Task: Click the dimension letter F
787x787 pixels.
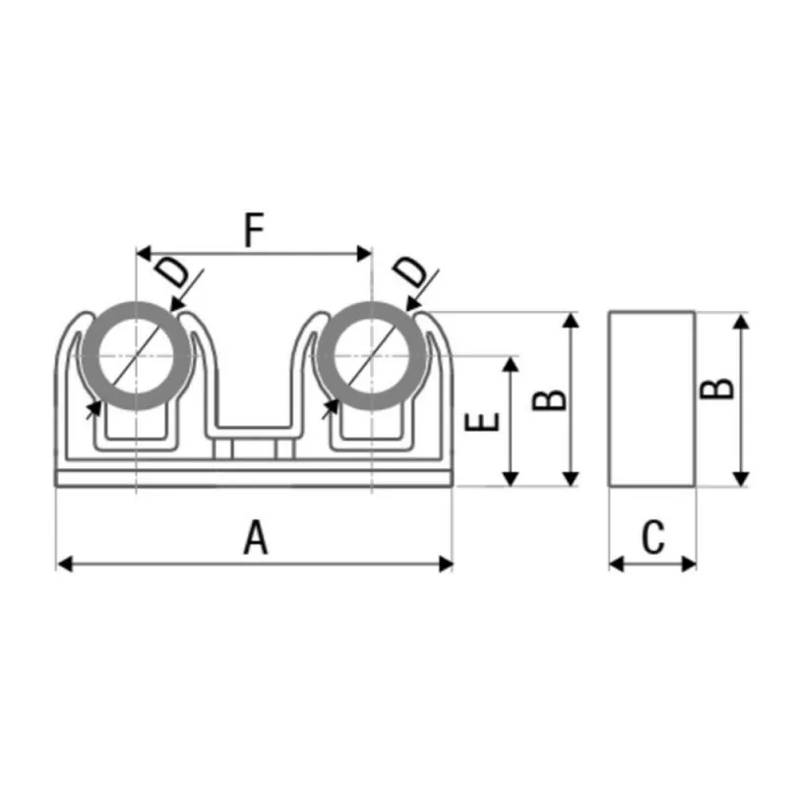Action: [x=254, y=230]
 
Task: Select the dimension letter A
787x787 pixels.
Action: [x=256, y=537]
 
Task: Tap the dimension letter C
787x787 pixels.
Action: [x=653, y=537]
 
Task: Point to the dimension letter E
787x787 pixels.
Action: [x=482, y=422]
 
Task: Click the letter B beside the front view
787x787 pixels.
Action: [x=549, y=400]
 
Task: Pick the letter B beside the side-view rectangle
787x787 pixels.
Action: [x=716, y=389]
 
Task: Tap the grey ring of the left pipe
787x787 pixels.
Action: [x=91, y=356]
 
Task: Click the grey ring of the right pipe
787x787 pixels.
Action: [x=326, y=356]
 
